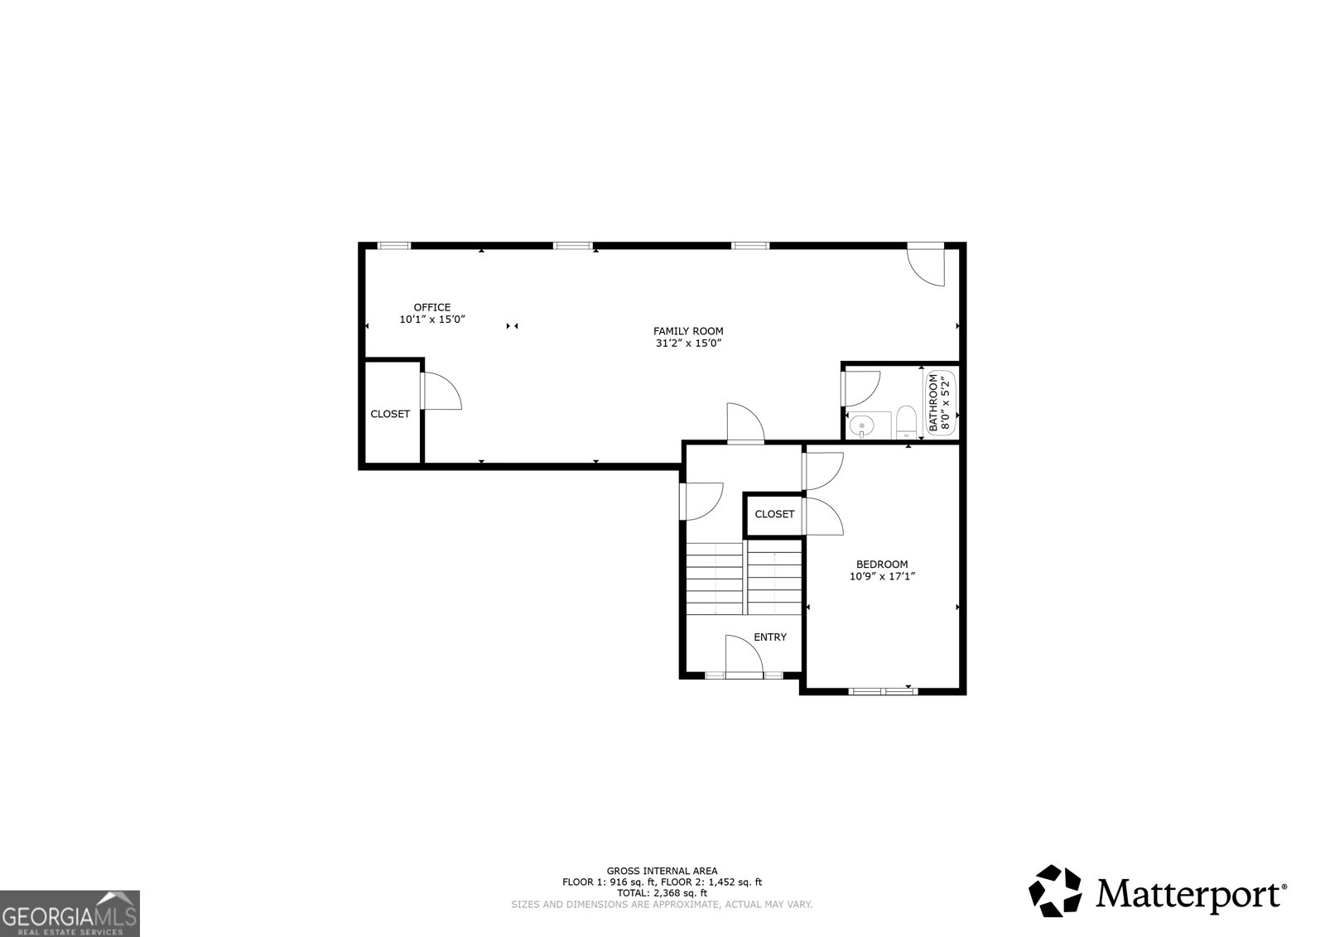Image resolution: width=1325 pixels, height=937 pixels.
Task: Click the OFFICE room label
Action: (432, 307)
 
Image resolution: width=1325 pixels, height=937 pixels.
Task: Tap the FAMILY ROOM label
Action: (688, 331)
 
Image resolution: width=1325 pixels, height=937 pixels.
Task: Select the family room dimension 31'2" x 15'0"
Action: (688, 343)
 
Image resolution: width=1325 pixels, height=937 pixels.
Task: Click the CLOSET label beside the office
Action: (390, 414)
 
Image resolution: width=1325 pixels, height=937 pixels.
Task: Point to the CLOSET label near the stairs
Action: (774, 514)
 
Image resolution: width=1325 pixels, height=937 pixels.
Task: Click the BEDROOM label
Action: (882, 565)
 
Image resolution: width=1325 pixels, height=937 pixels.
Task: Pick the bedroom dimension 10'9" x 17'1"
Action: (882, 577)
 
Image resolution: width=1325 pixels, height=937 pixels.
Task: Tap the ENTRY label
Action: (770, 637)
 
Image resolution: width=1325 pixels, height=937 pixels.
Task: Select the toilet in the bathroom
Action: (905, 420)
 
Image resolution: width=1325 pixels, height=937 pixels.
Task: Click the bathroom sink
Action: (862, 425)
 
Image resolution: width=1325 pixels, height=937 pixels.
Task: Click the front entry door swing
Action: (743, 656)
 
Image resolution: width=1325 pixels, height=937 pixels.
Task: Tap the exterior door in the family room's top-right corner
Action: (927, 265)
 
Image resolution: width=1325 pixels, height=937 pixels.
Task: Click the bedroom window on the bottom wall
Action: (883, 690)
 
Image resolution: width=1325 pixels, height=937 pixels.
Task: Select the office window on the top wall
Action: (394, 245)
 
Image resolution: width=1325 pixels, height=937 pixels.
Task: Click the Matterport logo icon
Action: (1055, 891)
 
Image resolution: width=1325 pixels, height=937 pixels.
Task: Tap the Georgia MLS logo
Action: (70, 914)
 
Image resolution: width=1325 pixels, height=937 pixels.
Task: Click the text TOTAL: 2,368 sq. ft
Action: (662, 893)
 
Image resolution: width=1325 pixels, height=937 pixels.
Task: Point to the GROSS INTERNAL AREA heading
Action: (662, 871)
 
